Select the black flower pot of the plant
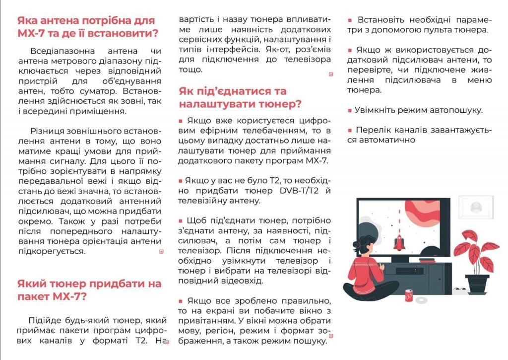(477, 284)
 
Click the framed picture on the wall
(475, 208)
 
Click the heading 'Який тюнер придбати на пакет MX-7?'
(89, 290)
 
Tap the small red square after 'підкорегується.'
(161, 252)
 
